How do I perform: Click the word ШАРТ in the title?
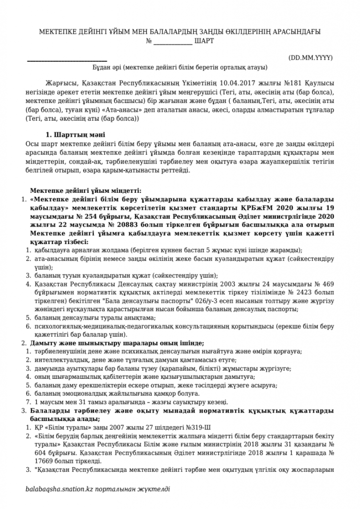203,41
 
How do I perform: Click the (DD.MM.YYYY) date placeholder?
311,58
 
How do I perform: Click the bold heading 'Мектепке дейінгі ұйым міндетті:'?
86,190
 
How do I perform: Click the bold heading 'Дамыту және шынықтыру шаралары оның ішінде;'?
117,343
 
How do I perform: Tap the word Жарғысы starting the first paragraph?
58,83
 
